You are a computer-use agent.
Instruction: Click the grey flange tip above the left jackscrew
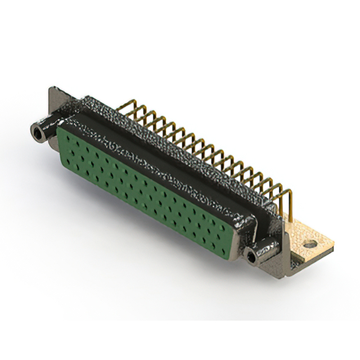pyautogui.click(x=53, y=93)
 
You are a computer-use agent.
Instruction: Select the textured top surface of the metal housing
pyautogui.click(x=141, y=127)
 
